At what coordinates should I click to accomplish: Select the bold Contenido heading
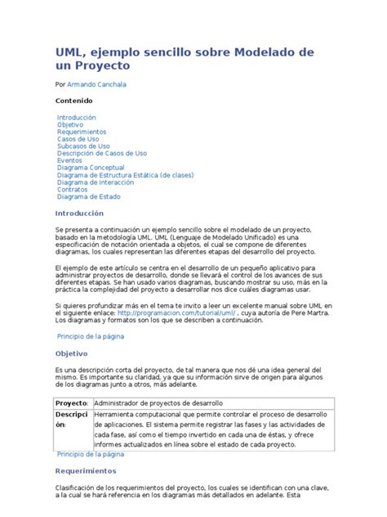74,101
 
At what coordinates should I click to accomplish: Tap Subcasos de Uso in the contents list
84,146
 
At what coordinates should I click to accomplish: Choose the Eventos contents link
69,161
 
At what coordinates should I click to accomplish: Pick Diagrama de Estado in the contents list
89,196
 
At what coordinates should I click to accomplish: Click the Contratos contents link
73,189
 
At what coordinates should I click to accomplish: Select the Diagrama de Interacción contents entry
96,182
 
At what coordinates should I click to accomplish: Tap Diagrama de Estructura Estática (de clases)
125,175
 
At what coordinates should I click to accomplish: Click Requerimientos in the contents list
82,132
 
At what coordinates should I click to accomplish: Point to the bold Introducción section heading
80,214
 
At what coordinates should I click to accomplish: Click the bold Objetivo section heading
71,354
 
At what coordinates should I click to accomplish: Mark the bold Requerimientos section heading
86,471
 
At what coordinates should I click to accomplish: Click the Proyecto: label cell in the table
71,404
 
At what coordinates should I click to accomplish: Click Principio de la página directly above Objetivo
90,336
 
